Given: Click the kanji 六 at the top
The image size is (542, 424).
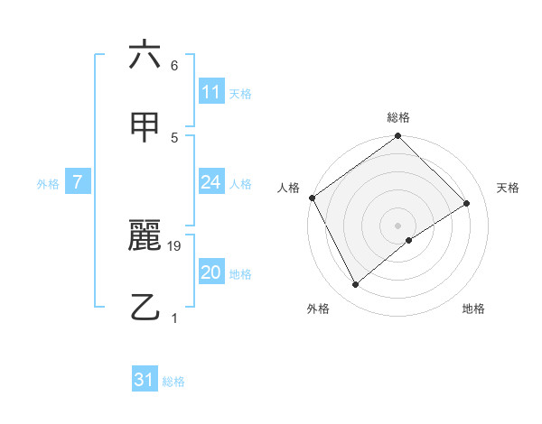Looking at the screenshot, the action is click(x=145, y=55).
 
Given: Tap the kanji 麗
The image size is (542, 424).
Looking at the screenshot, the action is click(x=145, y=237).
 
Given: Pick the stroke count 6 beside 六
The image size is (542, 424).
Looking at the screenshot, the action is click(x=174, y=66).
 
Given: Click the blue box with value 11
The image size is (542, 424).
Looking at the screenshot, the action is click(x=210, y=92).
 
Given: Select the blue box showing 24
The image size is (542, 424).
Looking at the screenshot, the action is click(x=210, y=182).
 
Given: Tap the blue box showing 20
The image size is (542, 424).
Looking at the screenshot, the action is click(x=210, y=272).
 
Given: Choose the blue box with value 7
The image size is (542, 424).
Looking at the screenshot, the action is click(x=78, y=182).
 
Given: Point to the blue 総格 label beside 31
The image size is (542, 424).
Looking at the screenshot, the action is click(x=173, y=382).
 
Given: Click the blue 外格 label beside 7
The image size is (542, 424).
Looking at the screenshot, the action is click(x=48, y=184).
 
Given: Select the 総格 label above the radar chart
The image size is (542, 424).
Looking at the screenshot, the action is click(x=398, y=117).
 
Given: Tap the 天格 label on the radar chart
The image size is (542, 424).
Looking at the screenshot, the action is click(x=508, y=188).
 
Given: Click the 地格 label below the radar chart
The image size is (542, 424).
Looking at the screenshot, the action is click(x=473, y=309).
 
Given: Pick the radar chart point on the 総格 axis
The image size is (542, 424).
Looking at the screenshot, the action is click(x=398, y=137).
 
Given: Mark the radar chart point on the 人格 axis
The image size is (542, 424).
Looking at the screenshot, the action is click(x=312, y=198).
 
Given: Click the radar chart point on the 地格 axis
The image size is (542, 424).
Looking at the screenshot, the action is click(x=409, y=240).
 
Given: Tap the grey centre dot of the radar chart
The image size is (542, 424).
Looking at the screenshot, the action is click(x=398, y=225).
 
